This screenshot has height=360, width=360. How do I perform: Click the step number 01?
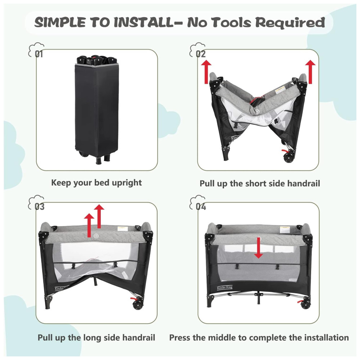click(39, 54)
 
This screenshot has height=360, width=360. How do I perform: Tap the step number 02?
click(201, 54)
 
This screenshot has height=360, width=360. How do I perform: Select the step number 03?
click(39, 207)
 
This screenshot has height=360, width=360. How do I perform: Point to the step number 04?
click(201, 207)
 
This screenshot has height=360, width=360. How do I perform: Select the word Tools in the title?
click(231, 22)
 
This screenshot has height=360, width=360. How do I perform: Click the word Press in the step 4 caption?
click(180, 338)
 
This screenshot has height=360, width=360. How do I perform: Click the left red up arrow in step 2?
click(206, 72)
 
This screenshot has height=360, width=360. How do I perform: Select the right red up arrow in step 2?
click(310, 72)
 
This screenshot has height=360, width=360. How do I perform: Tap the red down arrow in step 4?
click(259, 248)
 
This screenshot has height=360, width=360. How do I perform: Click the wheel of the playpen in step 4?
click(305, 304)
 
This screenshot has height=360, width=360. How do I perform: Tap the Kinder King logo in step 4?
click(225, 287)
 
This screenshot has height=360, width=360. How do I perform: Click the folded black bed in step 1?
click(97, 109)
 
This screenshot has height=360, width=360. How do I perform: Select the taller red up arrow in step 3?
click(99, 216)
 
